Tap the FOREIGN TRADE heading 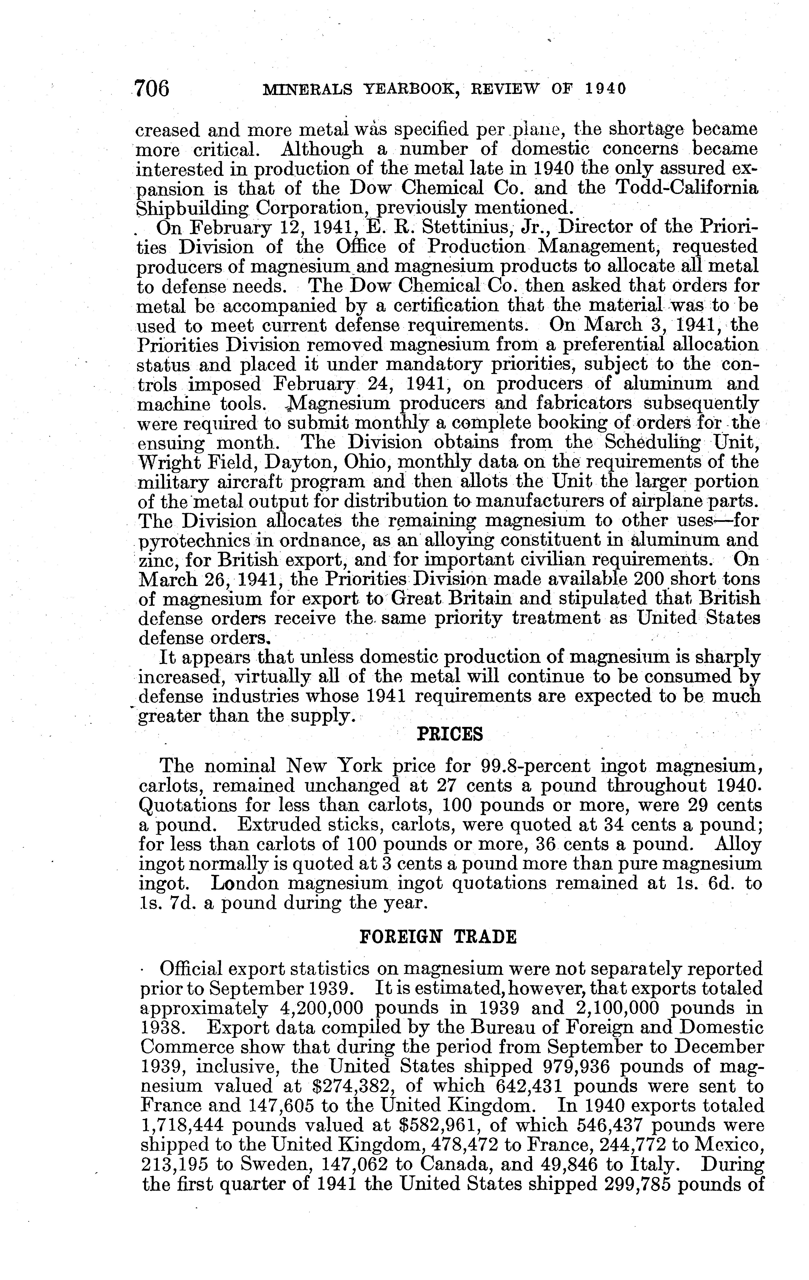[x=438, y=936]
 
